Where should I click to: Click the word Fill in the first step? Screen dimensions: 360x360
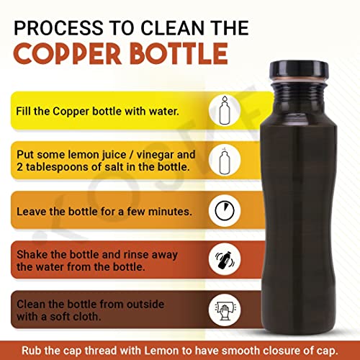(x=27, y=113)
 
